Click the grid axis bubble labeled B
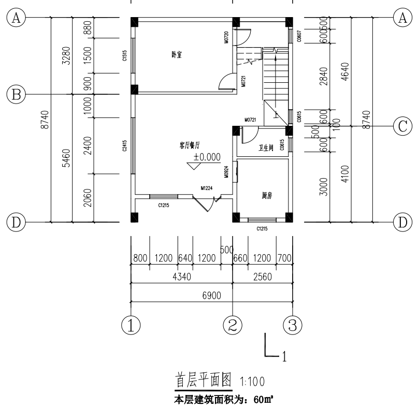click(x=16, y=94)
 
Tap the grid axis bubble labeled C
click(x=402, y=126)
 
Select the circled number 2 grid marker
click(x=233, y=325)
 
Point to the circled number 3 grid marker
click(x=292, y=325)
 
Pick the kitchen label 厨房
click(x=267, y=196)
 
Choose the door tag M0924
click(x=227, y=172)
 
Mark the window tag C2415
click(x=125, y=147)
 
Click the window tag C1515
click(x=125, y=56)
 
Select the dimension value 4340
click(x=182, y=277)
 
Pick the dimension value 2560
click(x=263, y=277)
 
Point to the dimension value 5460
click(x=65, y=157)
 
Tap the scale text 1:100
click(x=252, y=382)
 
